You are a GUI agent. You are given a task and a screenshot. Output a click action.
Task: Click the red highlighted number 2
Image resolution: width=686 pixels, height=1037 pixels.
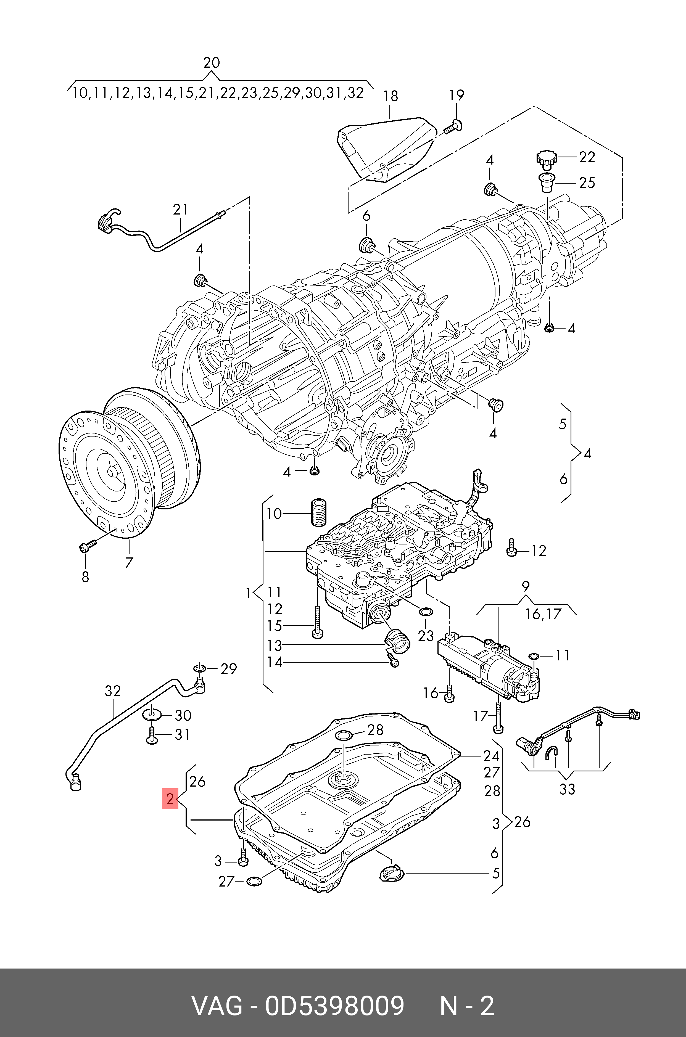[170, 799]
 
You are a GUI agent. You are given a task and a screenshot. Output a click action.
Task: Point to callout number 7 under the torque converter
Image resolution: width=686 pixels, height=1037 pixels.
[129, 562]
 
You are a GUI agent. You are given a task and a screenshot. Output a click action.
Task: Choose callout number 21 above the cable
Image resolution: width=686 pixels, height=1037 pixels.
[180, 210]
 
